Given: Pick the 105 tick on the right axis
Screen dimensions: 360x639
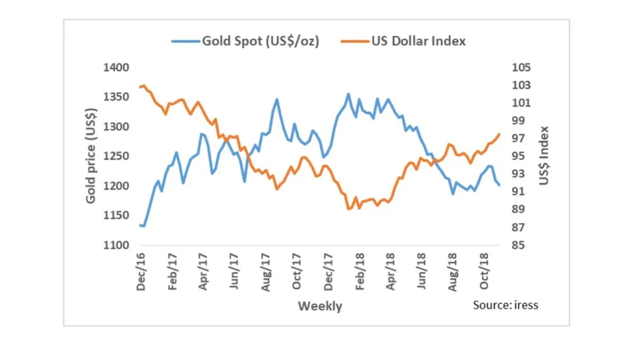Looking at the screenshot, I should tap(522, 68).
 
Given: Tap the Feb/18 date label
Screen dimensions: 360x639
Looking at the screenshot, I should tap(360, 274).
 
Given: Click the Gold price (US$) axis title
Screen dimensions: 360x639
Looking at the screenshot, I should tap(91, 157).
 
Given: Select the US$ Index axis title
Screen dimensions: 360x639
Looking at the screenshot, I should tap(544, 156).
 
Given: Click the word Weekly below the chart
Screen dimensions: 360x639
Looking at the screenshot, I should tap(319, 306).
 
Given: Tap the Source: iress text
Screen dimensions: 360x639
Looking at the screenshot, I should tap(505, 305).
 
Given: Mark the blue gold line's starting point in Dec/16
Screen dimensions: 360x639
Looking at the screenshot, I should tap(139, 225).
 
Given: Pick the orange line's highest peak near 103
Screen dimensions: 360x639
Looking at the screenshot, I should tap(144, 85).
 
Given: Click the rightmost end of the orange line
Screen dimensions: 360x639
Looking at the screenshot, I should tap(499, 134).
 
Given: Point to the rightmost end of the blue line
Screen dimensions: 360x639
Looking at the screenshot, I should tap(499, 185).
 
